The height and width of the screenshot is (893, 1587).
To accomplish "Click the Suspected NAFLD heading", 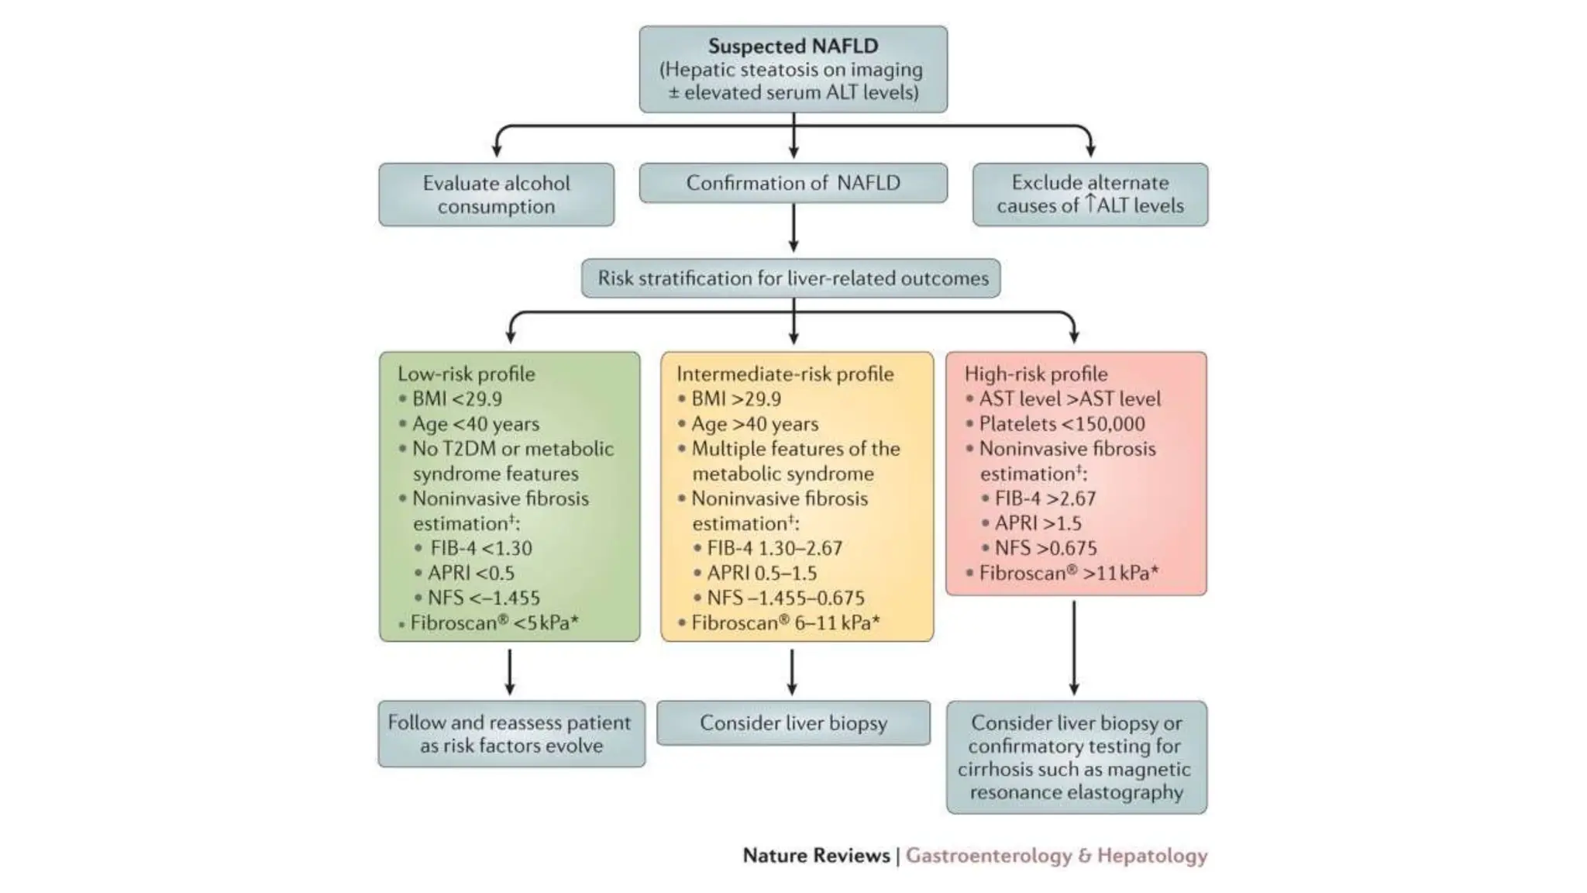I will (792, 46).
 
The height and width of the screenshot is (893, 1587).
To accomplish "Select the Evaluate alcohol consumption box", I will (496, 195).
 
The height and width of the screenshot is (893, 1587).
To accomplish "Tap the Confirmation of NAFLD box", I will (793, 183).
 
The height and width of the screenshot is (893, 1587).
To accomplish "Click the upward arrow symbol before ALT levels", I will (1090, 204).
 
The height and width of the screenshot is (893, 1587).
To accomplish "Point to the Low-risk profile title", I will (466, 374).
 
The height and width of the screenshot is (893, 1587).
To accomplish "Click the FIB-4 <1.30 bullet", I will (480, 548).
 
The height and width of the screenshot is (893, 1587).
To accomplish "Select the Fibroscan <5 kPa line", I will (494, 622).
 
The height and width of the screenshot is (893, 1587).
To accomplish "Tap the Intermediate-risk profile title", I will (784, 374).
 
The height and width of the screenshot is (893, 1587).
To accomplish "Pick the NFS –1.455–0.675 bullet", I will (784, 598).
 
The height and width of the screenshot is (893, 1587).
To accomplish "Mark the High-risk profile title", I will (1035, 374).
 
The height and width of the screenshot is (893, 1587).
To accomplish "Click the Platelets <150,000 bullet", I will (1061, 424).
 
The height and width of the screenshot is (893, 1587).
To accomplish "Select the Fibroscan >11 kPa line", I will (1068, 573).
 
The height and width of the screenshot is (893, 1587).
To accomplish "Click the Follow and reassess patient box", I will (511, 734).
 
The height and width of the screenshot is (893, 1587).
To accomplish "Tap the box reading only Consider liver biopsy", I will (793, 723).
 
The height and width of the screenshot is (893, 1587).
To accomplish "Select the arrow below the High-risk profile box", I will (1073, 648).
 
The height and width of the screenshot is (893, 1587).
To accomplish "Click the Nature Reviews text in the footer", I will (815, 856).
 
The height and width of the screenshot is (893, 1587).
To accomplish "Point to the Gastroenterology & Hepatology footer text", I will (1056, 856).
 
